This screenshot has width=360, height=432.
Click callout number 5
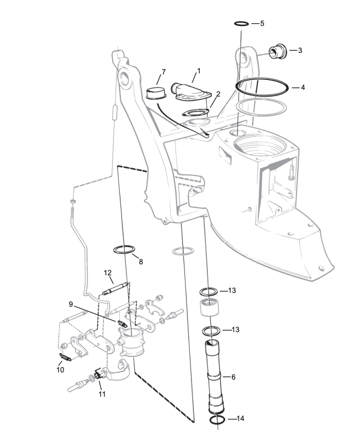tap(262, 24)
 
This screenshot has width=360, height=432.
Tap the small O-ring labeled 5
tap(241, 24)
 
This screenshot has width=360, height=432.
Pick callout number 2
tap(219, 94)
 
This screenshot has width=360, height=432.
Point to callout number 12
tap(108, 272)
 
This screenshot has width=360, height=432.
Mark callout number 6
tap(233, 377)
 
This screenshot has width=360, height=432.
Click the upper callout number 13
tap(232, 291)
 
